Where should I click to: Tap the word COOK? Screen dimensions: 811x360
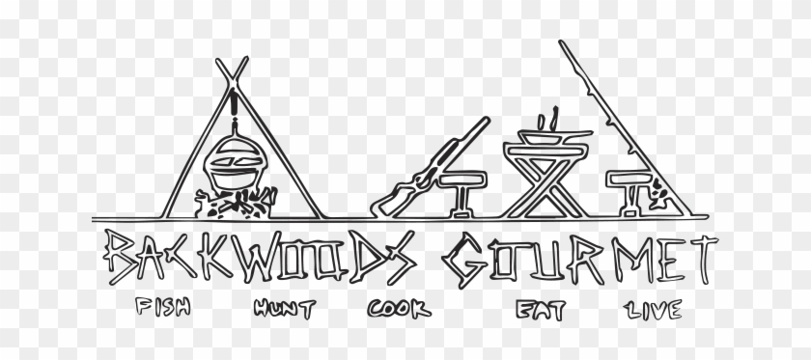tap(397, 310)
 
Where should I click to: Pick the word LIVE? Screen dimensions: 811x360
tap(656, 311)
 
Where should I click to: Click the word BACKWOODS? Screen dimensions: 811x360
tap(261, 256)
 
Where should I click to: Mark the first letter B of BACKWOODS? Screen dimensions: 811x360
tap(121, 257)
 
